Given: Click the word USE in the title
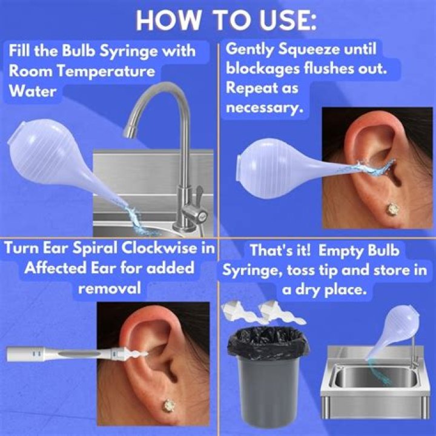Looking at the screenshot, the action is tap(287, 20).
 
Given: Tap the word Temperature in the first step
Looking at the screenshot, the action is tap(106, 71).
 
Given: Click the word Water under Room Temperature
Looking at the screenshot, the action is tap(33, 91).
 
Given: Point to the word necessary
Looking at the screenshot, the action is tap(264, 108).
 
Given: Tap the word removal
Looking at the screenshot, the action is tap(109, 288).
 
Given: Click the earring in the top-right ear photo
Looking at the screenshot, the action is tap(392, 208).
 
